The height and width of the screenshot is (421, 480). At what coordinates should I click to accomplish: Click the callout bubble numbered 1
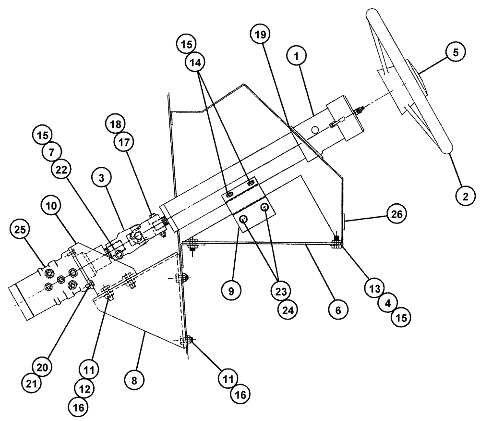coord(297,56)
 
